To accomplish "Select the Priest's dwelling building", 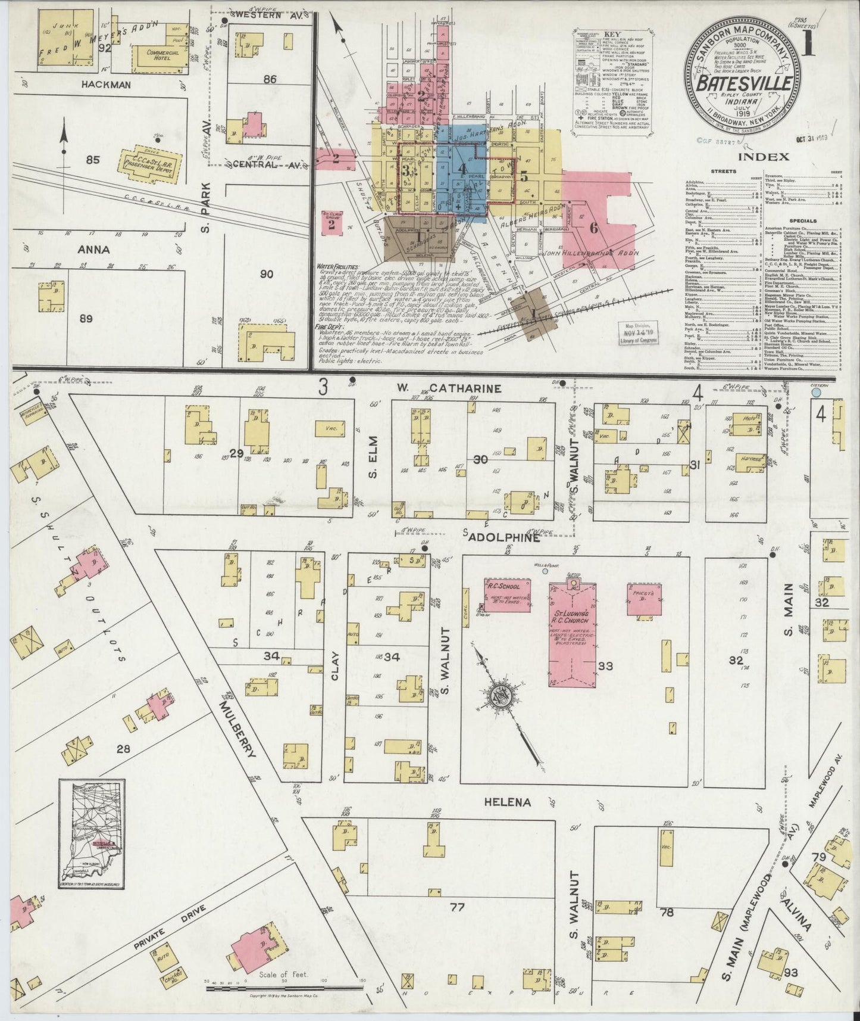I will point(643,598).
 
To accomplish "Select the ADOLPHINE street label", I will point(504,537).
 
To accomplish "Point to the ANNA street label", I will point(93,250).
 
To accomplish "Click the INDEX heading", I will point(764,157).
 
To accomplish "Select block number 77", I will point(456,907).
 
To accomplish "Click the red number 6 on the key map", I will point(593,227).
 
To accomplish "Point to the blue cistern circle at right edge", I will point(817,393).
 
